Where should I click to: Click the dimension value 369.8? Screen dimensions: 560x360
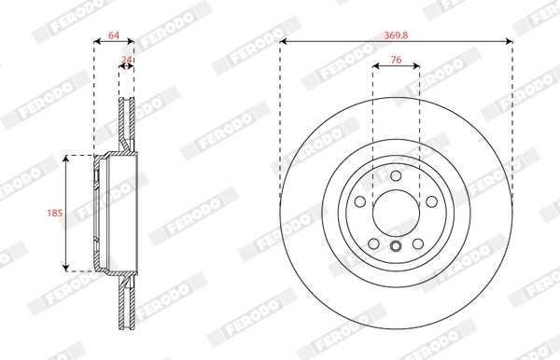396,35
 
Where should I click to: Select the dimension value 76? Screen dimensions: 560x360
396,60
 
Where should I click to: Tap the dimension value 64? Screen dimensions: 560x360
114,35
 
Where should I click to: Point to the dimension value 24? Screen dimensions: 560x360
126,60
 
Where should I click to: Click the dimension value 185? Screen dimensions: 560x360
55,213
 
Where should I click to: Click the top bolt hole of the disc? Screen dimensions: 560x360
396,176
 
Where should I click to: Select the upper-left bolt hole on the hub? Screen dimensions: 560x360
360,201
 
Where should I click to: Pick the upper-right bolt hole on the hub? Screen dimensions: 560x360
432,201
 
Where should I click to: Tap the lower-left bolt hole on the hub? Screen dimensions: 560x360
373,244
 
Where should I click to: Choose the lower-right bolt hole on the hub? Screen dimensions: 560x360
418,244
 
